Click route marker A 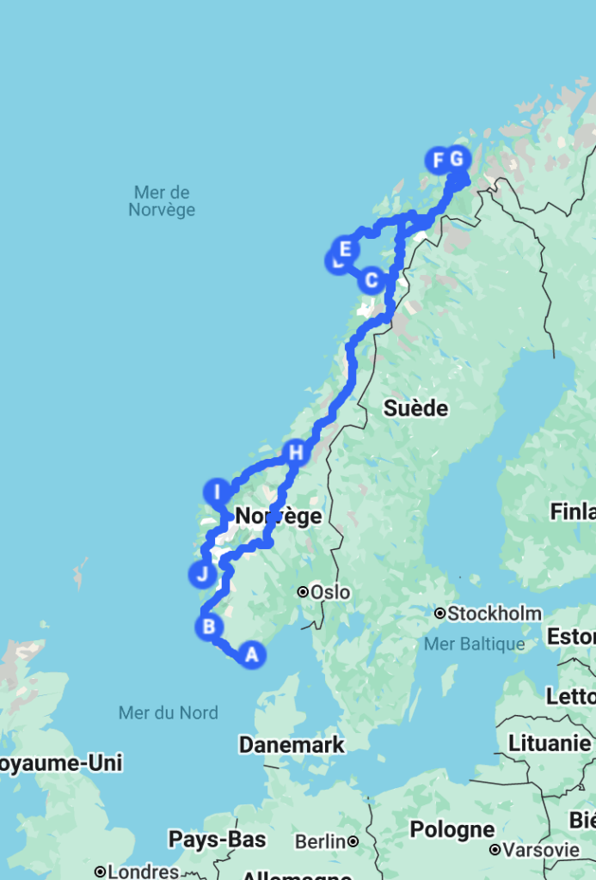pyautogui.click(x=251, y=654)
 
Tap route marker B pyautogui.click(x=209, y=626)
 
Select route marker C pyautogui.click(x=371, y=279)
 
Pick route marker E pyautogui.click(x=346, y=249)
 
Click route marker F pyautogui.click(x=438, y=159)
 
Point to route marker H pyautogui.click(x=296, y=452)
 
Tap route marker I pyautogui.click(x=217, y=492)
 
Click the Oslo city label pyautogui.click(x=330, y=592)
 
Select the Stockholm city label pyautogui.click(x=494, y=614)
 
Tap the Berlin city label pyautogui.click(x=320, y=841)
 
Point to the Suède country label pyautogui.click(x=416, y=408)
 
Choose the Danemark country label pyautogui.click(x=292, y=745)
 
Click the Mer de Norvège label pyautogui.click(x=162, y=201)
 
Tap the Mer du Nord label pyautogui.click(x=169, y=712)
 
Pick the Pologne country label pyautogui.click(x=452, y=830)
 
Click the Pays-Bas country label pyautogui.click(x=217, y=839)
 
